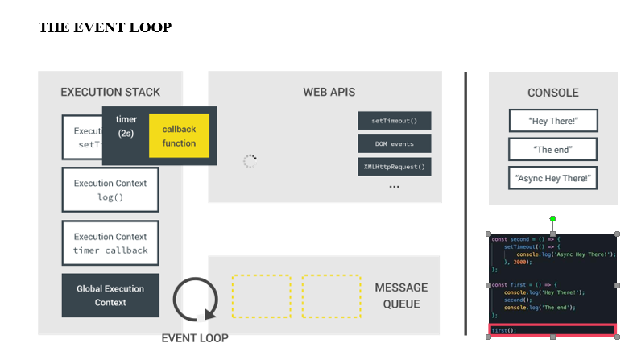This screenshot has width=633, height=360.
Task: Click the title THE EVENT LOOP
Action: pyautogui.click(x=105, y=27)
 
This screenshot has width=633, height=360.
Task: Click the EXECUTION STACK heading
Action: pyautogui.click(x=110, y=92)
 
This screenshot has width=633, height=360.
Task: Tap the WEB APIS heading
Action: pyautogui.click(x=329, y=92)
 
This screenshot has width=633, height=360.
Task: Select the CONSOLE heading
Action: pyautogui.click(x=552, y=93)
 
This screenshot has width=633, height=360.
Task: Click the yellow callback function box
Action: pyautogui.click(x=179, y=136)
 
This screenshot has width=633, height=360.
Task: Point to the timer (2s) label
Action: pyautogui.click(x=126, y=126)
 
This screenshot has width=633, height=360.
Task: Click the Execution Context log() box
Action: pyautogui.click(x=110, y=190)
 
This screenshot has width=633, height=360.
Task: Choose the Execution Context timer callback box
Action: pyautogui.click(x=110, y=243)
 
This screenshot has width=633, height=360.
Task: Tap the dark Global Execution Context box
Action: pyautogui.click(x=110, y=296)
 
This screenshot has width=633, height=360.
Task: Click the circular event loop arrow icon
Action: pyautogui.click(x=196, y=300)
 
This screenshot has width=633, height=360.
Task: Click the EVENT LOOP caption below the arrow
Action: pyautogui.click(x=195, y=338)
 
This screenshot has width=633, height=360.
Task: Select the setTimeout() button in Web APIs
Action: pyautogui.click(x=394, y=121)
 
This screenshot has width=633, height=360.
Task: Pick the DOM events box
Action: pyautogui.click(x=394, y=144)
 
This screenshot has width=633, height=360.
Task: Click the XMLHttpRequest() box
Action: pyautogui.click(x=394, y=167)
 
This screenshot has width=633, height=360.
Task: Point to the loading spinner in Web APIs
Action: pyautogui.click(x=250, y=161)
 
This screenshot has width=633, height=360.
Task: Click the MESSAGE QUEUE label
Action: pyautogui.click(x=401, y=296)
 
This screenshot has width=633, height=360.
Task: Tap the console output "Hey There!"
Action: pyautogui.click(x=552, y=121)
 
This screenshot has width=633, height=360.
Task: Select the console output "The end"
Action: pyautogui.click(x=552, y=150)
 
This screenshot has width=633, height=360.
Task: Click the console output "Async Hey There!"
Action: pyautogui.click(x=552, y=178)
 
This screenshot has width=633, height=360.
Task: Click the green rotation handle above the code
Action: pyautogui.click(x=552, y=218)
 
